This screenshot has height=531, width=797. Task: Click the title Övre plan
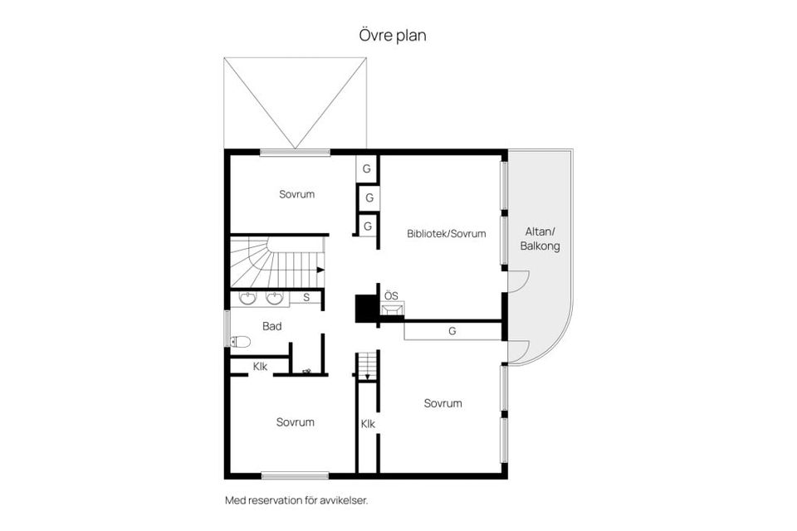pyautogui.click(x=393, y=36)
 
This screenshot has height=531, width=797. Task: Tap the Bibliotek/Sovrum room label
pyautogui.click(x=446, y=234)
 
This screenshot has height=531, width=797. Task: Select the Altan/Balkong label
pyautogui.click(x=540, y=239)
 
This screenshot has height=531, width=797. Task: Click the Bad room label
pyautogui.click(x=271, y=326)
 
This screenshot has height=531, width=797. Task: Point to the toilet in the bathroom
pyautogui.click(x=241, y=341)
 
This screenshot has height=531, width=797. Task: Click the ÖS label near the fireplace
pyautogui.click(x=391, y=295)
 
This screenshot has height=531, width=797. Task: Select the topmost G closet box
pyautogui.click(x=366, y=169)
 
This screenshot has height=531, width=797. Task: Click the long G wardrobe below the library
pyautogui.click(x=452, y=331)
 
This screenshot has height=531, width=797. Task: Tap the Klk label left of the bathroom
pyautogui.click(x=260, y=366)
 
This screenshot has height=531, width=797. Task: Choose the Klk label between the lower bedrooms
pyautogui.click(x=368, y=424)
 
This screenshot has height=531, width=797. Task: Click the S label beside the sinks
pyautogui.click(x=306, y=297)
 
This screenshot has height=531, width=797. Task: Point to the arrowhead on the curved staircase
pyautogui.click(x=320, y=270)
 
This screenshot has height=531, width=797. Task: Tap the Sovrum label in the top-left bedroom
pyautogui.click(x=296, y=194)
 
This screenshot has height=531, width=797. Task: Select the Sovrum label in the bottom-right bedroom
pyautogui.click(x=442, y=403)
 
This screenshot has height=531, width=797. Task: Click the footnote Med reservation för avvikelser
pyautogui.click(x=296, y=500)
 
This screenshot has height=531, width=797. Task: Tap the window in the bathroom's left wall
pyautogui.click(x=227, y=328)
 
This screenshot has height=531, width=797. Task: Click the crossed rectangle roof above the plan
pyautogui.click(x=295, y=102)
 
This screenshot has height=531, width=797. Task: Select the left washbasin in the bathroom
pyautogui.click(x=247, y=298)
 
